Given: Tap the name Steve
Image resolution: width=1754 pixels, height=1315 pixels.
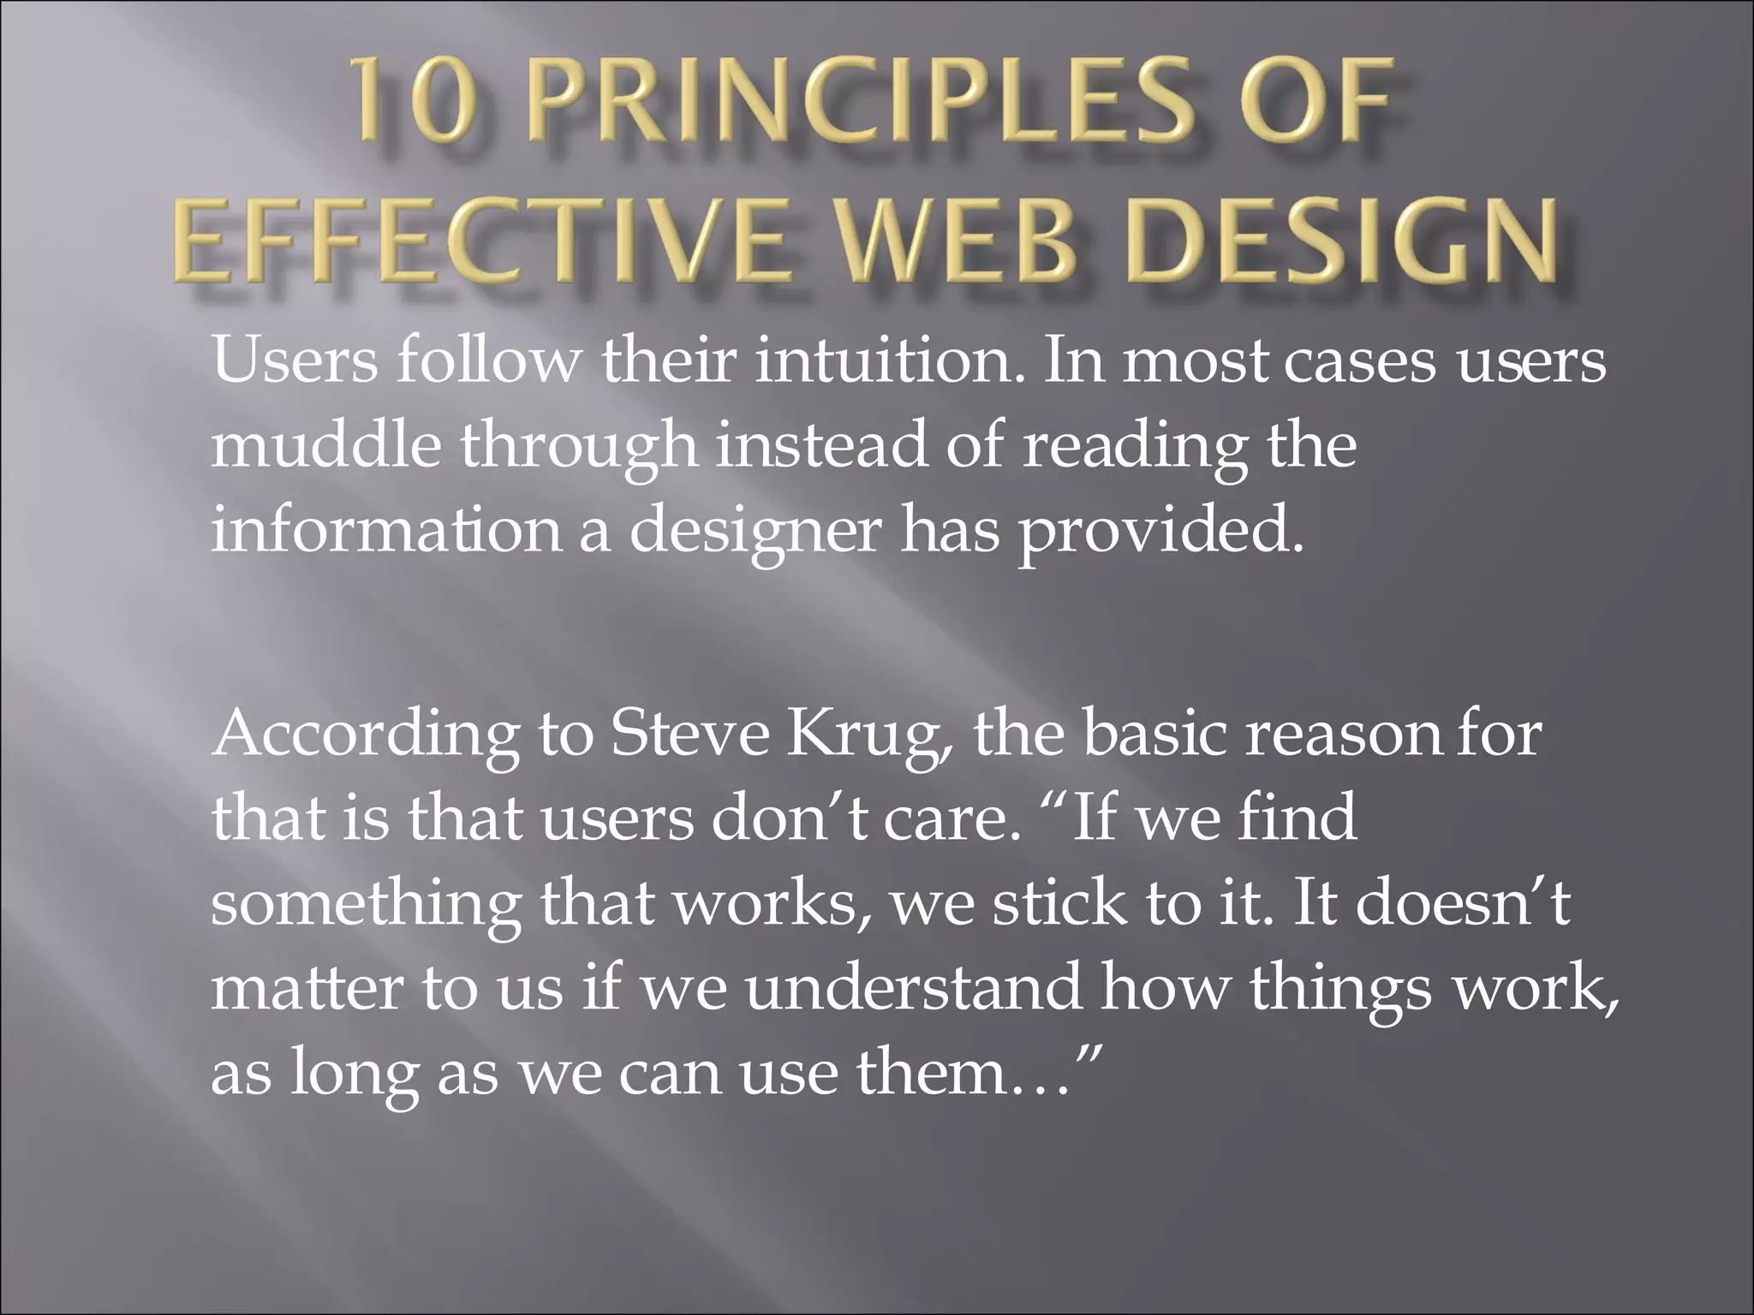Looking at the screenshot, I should pyautogui.click(x=690, y=735).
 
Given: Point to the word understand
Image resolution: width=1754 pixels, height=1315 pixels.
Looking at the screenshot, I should pyautogui.click(x=912, y=988).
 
